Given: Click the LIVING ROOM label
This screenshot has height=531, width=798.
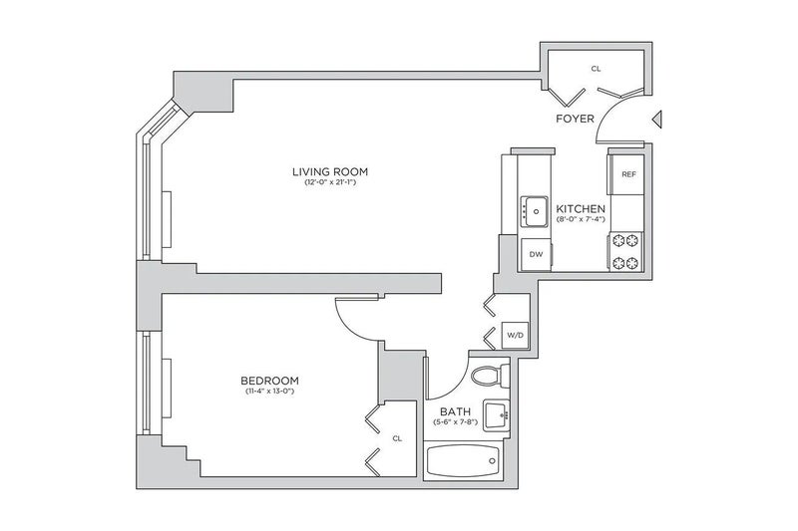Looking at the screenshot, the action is (330, 171).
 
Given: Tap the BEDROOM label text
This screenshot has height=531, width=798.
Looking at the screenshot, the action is (269, 381).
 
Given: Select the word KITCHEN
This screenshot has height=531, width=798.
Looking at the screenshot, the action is (581, 209).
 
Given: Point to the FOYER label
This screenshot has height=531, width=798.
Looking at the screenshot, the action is (576, 119).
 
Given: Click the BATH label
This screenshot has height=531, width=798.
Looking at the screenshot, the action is (456, 411).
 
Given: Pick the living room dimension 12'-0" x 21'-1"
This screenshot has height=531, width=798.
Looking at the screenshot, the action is (330, 182).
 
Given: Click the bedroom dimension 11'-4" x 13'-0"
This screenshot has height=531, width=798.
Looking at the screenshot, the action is (269, 391).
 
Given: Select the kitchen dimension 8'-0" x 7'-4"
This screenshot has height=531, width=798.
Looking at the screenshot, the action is (581, 219).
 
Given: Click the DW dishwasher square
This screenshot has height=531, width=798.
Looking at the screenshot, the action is (536, 254).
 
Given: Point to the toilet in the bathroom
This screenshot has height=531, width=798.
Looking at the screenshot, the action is (490, 376).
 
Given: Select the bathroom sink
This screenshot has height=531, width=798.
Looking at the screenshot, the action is (496, 415).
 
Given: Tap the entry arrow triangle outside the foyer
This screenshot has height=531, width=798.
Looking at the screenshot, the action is (657, 119).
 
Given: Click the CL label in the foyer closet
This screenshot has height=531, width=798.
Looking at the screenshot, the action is (596, 69).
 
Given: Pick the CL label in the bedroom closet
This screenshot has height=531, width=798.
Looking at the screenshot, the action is (397, 438).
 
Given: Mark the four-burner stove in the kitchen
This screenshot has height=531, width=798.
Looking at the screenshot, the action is (625, 251).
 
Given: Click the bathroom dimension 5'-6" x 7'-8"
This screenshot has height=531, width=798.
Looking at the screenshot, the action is (456, 421).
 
